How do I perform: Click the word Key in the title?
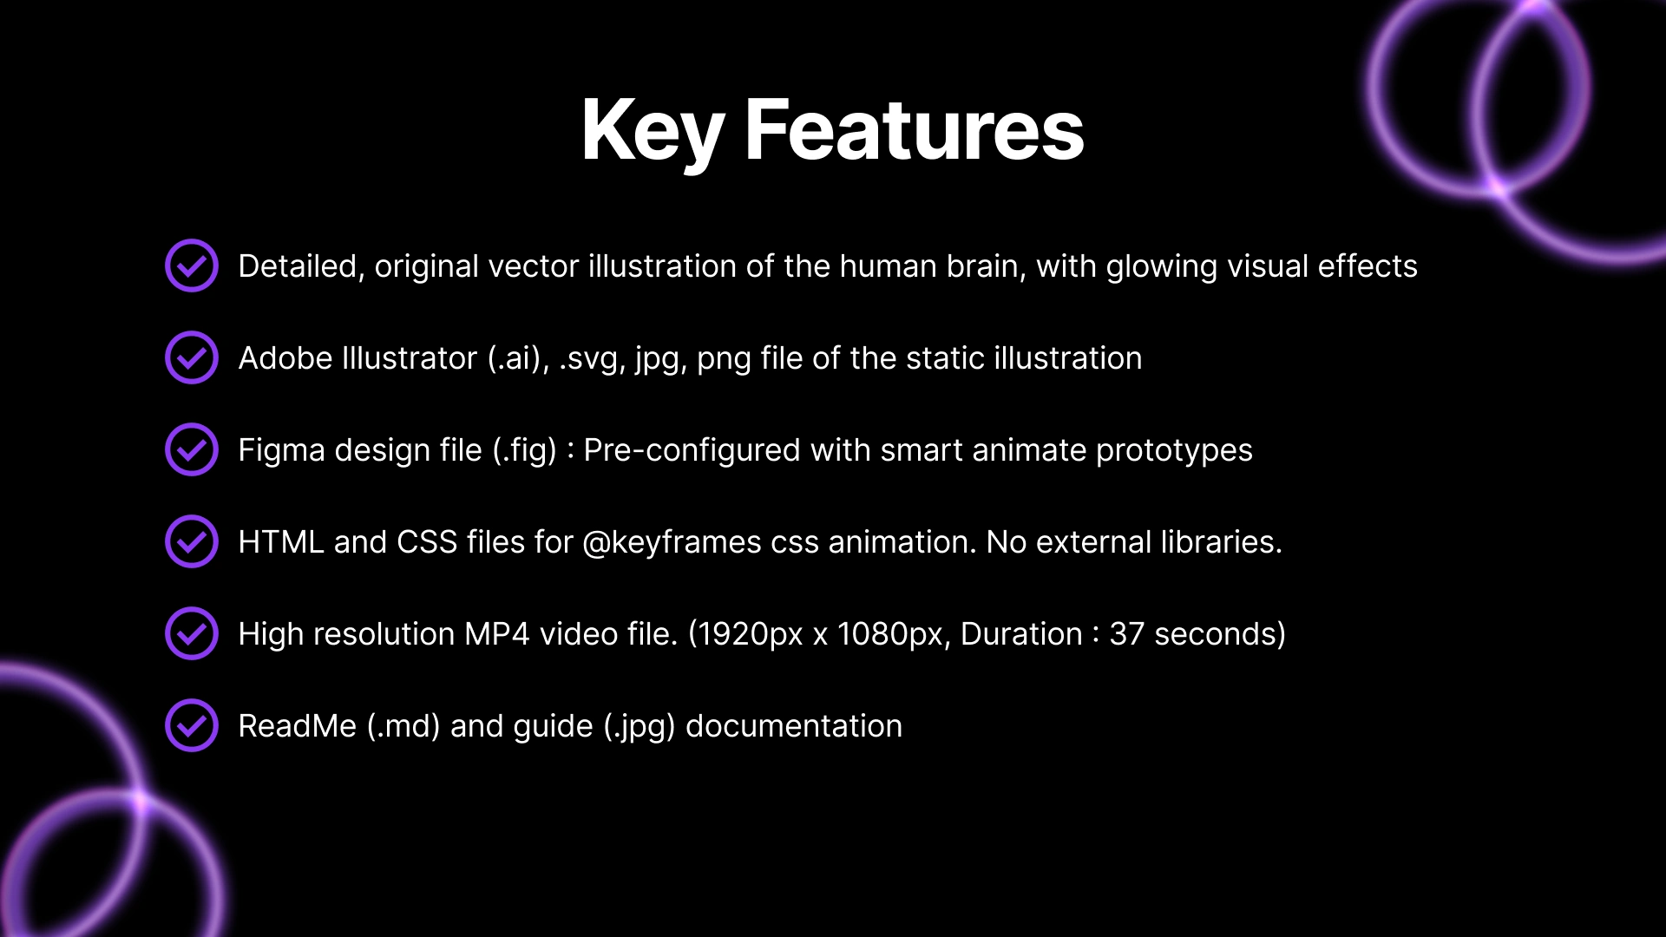tap(653, 130)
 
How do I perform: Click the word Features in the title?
tap(915, 129)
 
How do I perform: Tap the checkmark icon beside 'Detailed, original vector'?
tap(192, 265)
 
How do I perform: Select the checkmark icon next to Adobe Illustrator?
tap(192, 357)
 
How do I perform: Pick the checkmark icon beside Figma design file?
tap(192, 449)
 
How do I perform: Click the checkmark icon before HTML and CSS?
tap(192, 541)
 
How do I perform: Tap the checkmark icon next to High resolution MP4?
tap(192, 633)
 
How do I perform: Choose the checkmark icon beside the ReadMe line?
tap(192, 725)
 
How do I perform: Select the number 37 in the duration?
tap(1127, 634)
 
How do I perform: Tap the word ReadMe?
tap(298, 726)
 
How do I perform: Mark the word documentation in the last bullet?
tap(794, 726)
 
